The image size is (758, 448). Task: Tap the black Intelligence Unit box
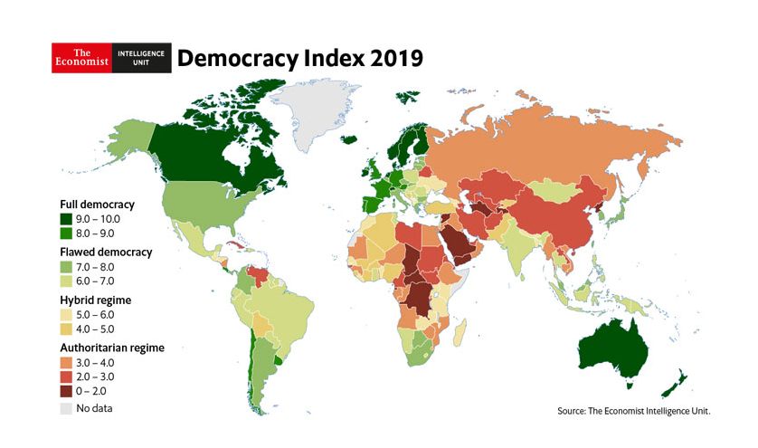click(142, 58)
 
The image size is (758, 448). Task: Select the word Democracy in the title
click(233, 59)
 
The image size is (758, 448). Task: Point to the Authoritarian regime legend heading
click(111, 347)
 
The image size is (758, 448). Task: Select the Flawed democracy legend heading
click(106, 251)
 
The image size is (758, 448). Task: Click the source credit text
click(634, 412)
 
